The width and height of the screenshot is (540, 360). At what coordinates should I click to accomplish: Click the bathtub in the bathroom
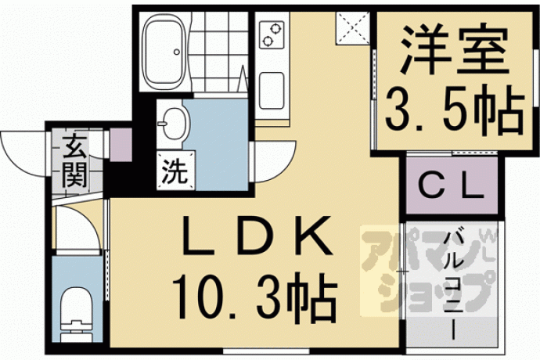pos(164,52)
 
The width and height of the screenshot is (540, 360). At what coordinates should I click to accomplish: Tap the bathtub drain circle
pos(177,52)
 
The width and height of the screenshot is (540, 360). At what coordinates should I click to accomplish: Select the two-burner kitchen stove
pos(272,34)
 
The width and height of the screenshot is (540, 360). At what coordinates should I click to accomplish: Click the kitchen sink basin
pos(272,90)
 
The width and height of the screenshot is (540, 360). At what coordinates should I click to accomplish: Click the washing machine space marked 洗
pos(175,171)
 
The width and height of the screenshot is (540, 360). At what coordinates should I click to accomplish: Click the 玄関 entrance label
pos(74,161)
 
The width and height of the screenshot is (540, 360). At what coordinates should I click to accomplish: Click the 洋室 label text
pos(454,49)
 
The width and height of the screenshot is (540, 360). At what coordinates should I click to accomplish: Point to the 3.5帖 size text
pos(454,110)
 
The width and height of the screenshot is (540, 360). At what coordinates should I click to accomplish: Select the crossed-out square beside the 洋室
pos(353,28)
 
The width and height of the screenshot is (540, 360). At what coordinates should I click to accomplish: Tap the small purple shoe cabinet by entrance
pos(121,145)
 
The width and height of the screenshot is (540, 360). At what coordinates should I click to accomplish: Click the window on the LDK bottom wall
pos(266,351)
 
